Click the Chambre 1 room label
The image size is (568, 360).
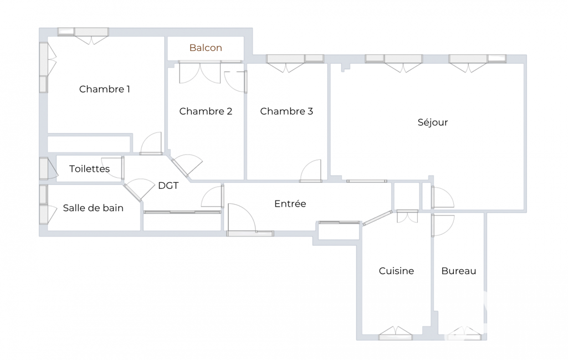coord(104,89)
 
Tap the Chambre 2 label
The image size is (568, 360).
coord(206,111)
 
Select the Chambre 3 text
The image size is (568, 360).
coord(286,111)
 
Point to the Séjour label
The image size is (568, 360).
coord(433,122)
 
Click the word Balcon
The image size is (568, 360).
coord(206,48)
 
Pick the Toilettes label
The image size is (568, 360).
coord(89,169)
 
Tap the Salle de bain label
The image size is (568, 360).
coord(93,208)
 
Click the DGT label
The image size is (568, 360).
coord(168,186)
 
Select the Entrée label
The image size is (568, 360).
coord(290,204)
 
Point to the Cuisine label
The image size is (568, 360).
coord(396,271)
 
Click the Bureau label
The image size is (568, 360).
coord(459,271)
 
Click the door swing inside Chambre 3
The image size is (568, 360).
coord(311,171)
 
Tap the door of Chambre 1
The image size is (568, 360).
coord(151,143)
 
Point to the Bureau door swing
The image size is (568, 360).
coord(443,225)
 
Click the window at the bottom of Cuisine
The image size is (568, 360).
coord(396,334)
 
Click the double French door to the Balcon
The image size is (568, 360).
coord(199,73)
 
